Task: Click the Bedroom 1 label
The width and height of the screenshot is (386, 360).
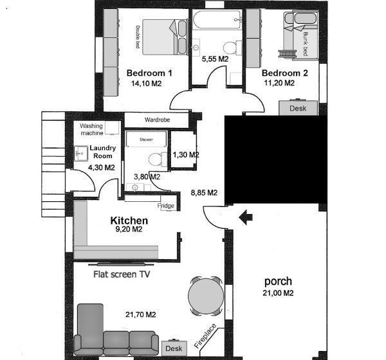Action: point(149,73)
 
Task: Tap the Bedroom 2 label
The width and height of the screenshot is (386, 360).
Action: point(285,73)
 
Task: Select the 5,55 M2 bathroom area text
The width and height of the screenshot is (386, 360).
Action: point(215,59)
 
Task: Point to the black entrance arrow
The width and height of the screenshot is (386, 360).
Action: point(246,217)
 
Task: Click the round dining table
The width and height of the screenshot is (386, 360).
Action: point(206,296)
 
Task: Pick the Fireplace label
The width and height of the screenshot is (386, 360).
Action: point(205,336)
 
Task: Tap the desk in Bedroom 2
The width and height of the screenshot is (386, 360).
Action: point(298,107)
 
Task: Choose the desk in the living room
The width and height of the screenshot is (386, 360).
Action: point(174,348)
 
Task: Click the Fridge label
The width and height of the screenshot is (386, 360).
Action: point(166,206)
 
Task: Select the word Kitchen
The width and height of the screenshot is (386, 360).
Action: point(129,221)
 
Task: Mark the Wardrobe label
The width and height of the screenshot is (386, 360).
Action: point(158,120)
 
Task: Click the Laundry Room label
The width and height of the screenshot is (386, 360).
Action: point(103,152)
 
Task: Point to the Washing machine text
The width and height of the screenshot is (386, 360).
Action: point(91,129)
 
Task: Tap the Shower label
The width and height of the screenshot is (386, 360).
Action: point(146,139)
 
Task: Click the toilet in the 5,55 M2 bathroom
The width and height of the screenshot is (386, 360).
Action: point(232,48)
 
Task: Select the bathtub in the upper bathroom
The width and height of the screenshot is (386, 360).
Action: point(217,20)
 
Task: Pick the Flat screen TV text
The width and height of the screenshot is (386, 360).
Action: point(122,274)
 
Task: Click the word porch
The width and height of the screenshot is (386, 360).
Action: point(278,282)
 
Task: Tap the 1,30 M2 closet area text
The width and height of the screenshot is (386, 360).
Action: point(186,155)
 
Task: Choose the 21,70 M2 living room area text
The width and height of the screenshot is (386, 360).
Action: point(140,314)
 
